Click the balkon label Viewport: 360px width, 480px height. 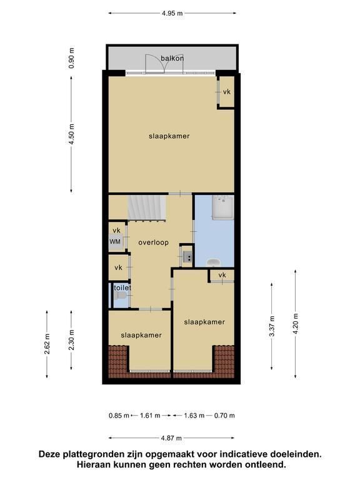tap(172, 58)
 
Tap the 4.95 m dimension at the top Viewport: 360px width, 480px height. tap(172, 13)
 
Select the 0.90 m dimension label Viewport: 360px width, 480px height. tap(71, 58)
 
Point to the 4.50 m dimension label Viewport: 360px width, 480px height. tap(71, 135)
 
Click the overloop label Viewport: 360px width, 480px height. tap(153, 242)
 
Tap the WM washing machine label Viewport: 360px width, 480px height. tap(115, 242)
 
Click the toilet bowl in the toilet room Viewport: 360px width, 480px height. tap(120, 296)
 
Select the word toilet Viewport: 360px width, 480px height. tap(122, 287)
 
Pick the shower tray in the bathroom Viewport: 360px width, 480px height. tap(223, 207)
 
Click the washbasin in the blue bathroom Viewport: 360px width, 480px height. tap(213, 262)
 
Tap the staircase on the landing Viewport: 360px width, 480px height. tap(147, 208)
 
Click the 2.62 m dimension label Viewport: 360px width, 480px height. tap(47, 344)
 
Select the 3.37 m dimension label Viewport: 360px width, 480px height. tap(271, 326)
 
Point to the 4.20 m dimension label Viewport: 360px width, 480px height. tap(296, 324)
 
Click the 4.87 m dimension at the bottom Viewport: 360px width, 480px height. tap(171, 438)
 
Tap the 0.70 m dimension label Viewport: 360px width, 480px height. tap(224, 416)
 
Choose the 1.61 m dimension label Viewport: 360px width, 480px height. tap(150, 416)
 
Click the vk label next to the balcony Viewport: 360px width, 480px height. tap(226, 92)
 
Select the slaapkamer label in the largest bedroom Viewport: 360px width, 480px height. tap(169, 136)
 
